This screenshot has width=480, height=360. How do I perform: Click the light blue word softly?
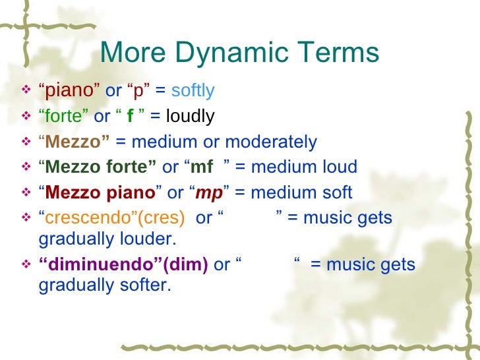tap(193, 91)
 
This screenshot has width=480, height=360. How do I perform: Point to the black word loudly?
tap(190, 117)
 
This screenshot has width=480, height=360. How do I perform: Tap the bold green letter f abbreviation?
tap(130, 117)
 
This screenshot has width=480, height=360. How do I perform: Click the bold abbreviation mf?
tap(201, 167)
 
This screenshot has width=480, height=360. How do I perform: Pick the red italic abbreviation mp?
tap(209, 193)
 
